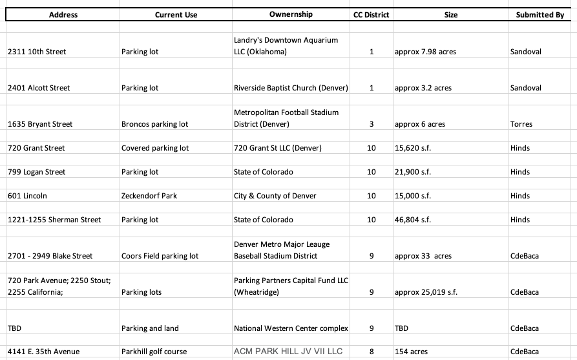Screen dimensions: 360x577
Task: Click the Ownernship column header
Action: [290, 14]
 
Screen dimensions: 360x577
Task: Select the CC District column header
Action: [372, 15]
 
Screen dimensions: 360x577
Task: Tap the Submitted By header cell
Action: [540, 15]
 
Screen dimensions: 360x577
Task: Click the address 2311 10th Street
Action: [37, 52]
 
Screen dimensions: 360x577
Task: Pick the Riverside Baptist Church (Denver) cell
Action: [291, 88]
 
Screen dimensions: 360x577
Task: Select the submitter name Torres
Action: [521, 124]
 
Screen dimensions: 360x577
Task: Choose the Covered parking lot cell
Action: [155, 148]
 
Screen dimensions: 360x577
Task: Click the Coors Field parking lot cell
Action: [160, 256]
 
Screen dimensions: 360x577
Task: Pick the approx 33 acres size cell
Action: [423, 256]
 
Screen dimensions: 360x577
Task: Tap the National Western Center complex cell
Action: [291, 328]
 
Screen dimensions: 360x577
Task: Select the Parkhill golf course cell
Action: [154, 352]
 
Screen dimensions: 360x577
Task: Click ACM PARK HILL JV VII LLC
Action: [288, 352]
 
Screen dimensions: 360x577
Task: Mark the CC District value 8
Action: [372, 352]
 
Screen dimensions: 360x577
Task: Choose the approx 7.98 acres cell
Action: [425, 52]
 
